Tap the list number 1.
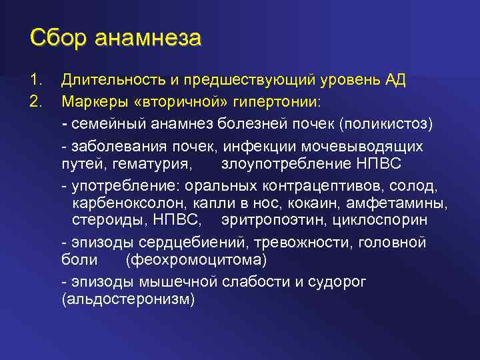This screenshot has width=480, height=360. pos(36,81)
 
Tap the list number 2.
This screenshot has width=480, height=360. pos(36,102)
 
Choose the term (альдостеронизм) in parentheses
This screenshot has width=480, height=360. pos(128,300)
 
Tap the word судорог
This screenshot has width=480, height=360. pos(337,281)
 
